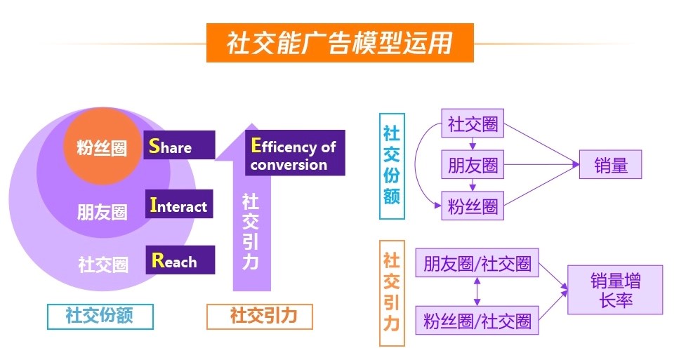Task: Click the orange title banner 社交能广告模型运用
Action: pos(340,43)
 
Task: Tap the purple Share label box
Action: pos(180,145)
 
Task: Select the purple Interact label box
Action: pos(179,204)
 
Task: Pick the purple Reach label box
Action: pos(180,260)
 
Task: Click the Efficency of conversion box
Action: pos(295,153)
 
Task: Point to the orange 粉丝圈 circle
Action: pos(102,146)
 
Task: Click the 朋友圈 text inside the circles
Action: pos(102,212)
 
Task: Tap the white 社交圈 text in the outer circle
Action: pos(103,265)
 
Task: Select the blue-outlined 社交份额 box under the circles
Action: pos(100,316)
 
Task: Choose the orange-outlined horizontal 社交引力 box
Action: pos(260,316)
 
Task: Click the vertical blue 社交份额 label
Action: pos(392,166)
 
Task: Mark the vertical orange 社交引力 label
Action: pos(392,293)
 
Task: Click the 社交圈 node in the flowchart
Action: pos(473,124)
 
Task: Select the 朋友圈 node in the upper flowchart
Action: pos(473,164)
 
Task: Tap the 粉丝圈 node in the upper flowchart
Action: pos(473,206)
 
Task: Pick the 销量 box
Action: pos(610,164)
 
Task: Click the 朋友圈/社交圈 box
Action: pos(477,263)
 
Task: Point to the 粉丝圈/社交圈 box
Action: pos(477,320)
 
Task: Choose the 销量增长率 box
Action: pos(615,290)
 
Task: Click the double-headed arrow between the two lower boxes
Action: pos(477,291)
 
